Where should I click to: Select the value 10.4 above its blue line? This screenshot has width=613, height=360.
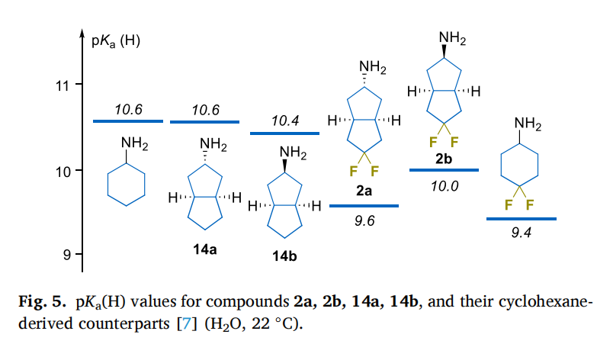click(x=285, y=121)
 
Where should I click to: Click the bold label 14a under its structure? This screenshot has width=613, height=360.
click(x=206, y=249)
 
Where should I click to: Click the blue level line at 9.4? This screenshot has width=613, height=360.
click(x=521, y=219)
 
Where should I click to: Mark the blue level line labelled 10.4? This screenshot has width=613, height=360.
click(x=284, y=133)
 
